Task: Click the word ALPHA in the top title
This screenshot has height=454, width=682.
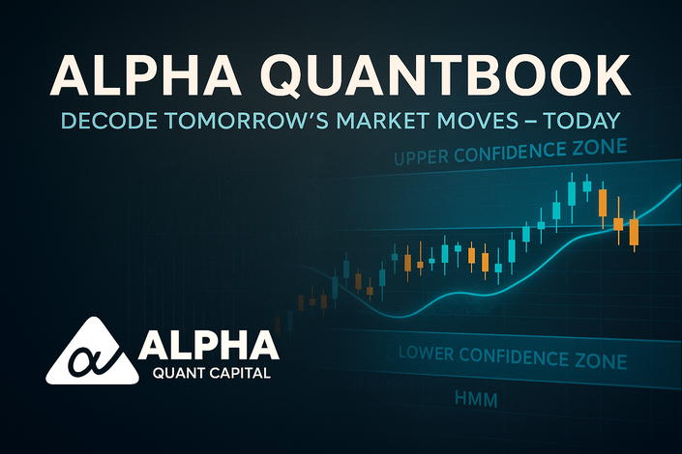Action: click(x=145, y=73)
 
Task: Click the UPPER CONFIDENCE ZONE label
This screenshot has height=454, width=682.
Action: click(x=510, y=152)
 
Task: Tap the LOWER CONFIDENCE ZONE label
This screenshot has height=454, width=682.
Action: click(x=513, y=357)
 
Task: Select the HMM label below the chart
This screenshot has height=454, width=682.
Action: click(x=476, y=399)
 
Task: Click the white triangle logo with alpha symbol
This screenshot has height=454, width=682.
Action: click(x=92, y=351)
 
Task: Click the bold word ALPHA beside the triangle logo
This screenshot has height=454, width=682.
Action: click(x=209, y=345)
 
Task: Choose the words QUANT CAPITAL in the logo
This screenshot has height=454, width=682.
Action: click(x=212, y=373)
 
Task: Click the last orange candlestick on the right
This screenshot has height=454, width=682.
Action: click(x=635, y=232)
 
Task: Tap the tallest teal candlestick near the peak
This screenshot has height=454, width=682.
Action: click(x=572, y=194)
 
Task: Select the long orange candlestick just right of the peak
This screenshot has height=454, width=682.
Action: click(x=603, y=203)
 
